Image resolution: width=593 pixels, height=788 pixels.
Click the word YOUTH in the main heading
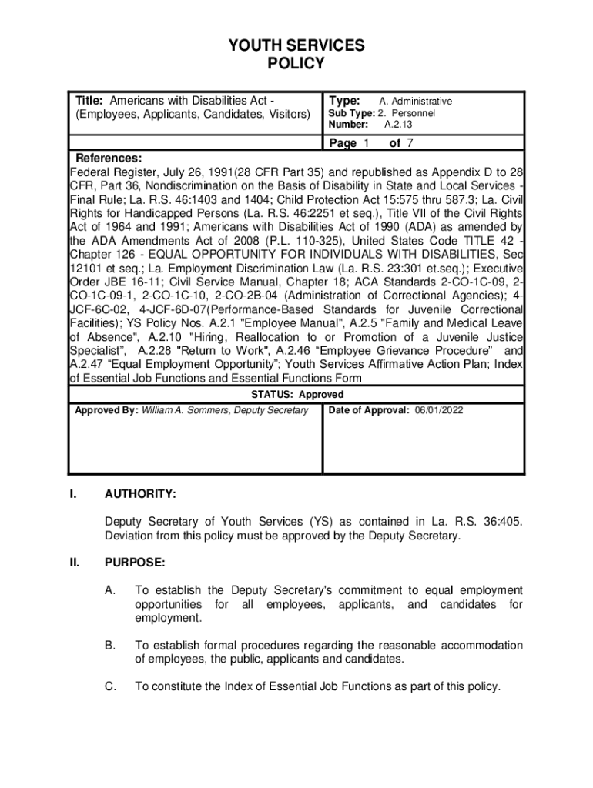256,46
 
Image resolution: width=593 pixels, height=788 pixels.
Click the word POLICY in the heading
296,64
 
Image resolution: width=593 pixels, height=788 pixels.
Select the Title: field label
90,101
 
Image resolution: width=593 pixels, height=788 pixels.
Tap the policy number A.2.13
399,124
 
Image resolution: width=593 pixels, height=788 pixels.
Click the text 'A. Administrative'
416,102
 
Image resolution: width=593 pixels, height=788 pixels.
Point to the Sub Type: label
351,113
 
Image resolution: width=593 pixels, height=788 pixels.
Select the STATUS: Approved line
296,395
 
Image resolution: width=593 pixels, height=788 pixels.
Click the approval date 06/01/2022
439,410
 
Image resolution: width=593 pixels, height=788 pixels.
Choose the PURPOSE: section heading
135,563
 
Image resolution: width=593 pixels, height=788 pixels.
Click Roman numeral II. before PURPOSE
74,563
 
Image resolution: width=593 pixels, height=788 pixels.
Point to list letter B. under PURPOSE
111,646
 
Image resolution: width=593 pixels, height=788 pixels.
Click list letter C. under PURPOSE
111,686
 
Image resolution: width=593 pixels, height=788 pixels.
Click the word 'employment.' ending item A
168,619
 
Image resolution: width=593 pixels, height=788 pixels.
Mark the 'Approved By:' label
106,410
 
